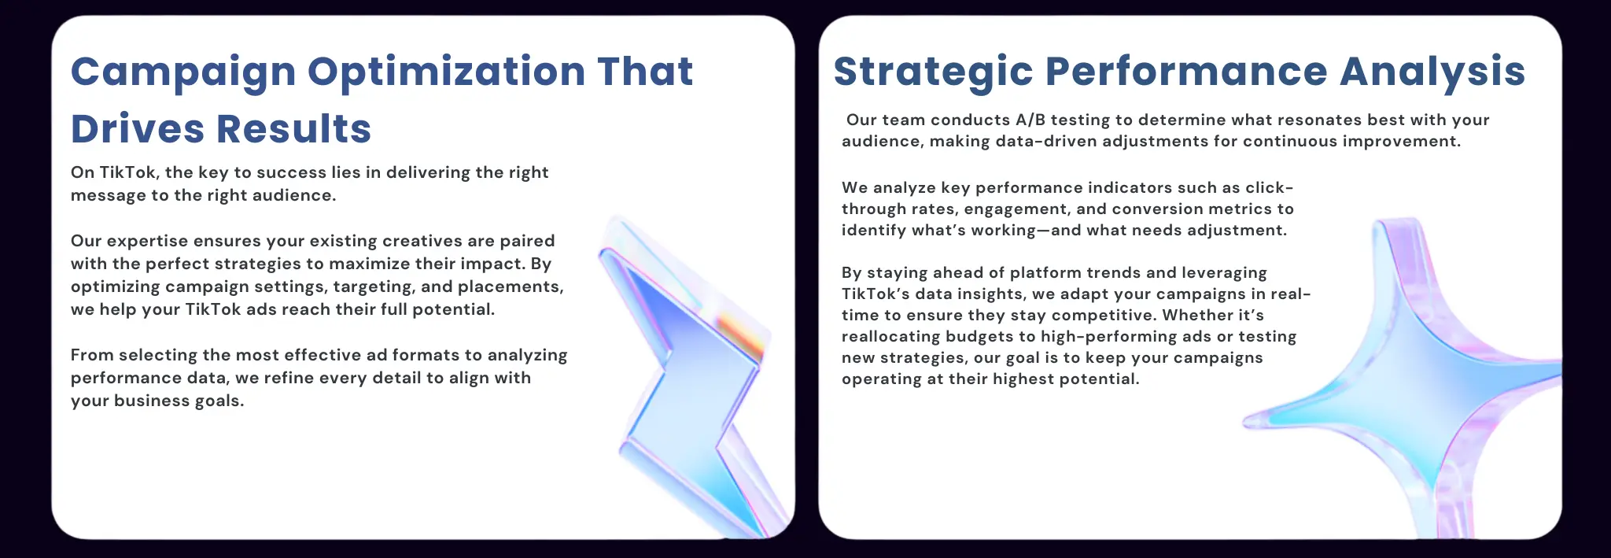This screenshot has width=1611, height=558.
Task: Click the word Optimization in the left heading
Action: (x=446, y=72)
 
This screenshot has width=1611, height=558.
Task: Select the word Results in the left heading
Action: (x=293, y=128)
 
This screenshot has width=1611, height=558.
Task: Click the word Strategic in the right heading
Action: (x=933, y=72)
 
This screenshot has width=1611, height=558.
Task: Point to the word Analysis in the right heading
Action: (x=1432, y=72)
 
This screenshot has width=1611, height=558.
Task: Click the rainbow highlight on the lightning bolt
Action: (x=739, y=334)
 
